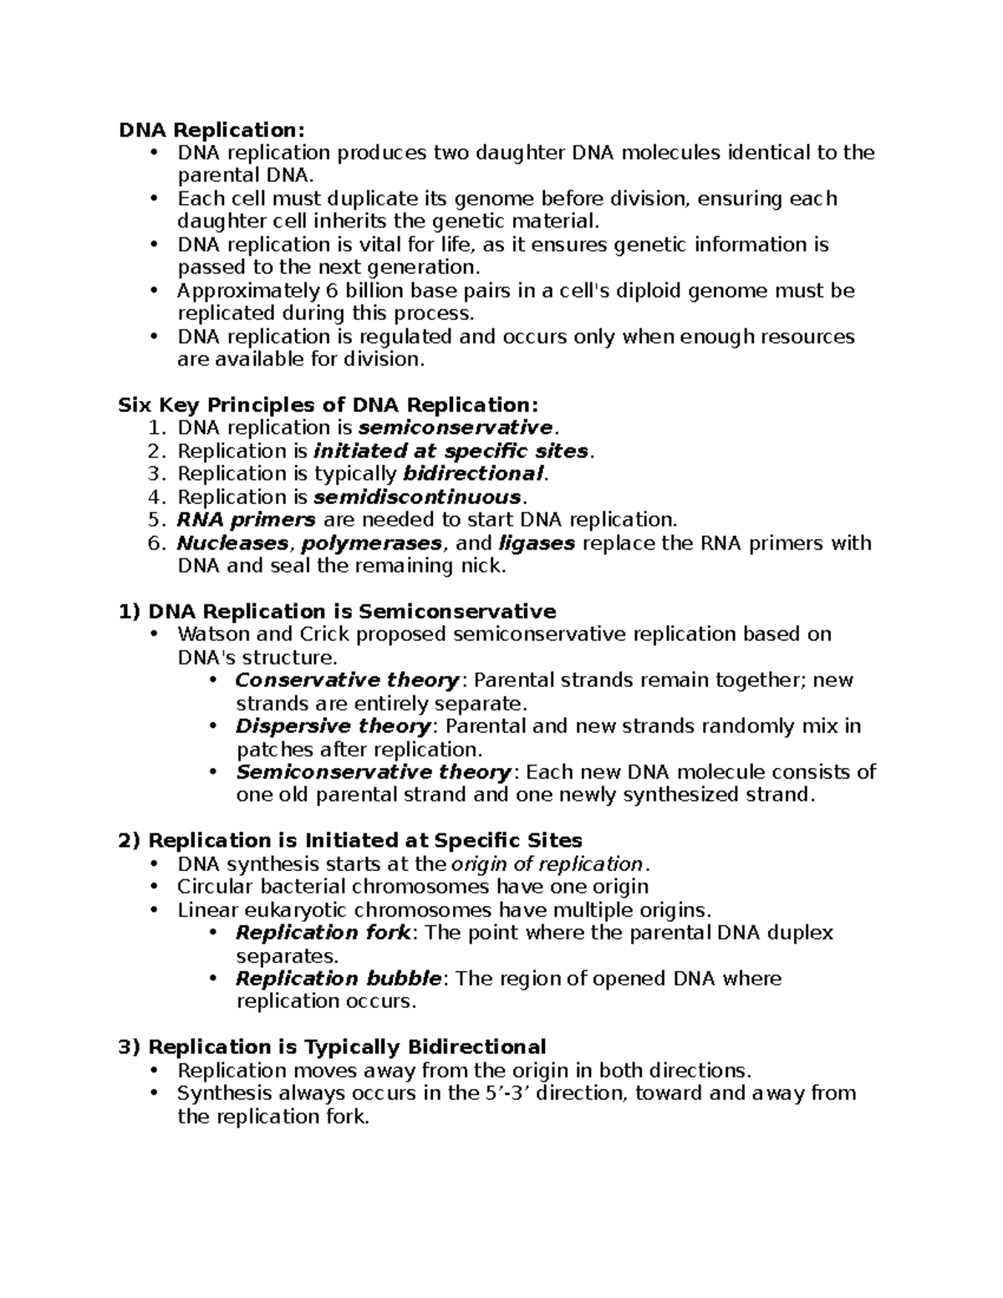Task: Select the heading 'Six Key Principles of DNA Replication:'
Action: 328,405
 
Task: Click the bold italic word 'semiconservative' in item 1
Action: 455,428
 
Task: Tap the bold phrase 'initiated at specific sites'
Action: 451,451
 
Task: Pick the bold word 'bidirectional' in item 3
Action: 473,474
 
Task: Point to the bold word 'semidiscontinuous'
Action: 417,497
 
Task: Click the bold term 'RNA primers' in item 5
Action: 246,520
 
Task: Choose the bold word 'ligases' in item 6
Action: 536,543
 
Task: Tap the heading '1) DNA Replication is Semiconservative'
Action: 338,612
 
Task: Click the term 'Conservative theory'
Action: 347,680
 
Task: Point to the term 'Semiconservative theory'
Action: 374,772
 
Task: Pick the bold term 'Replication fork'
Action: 323,933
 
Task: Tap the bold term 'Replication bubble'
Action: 339,979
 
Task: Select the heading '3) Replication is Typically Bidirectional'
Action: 332,1047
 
